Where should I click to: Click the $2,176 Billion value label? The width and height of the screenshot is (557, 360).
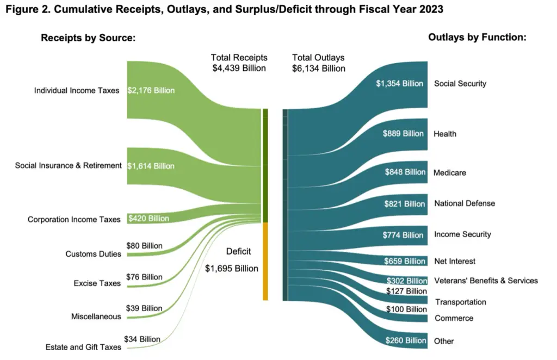click(x=151, y=90)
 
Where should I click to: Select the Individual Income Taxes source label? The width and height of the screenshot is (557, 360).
click(x=76, y=90)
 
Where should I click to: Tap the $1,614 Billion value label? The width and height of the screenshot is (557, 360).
click(x=151, y=165)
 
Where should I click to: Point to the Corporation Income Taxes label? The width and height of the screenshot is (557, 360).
click(x=74, y=220)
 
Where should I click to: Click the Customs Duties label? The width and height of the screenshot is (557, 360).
click(x=93, y=254)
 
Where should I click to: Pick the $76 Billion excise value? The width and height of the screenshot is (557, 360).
click(x=144, y=277)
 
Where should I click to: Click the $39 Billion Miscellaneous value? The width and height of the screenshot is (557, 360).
click(x=144, y=308)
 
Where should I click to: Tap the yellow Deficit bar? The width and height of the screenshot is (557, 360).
click(x=265, y=261)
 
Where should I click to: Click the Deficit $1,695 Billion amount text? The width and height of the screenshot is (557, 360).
click(x=232, y=268)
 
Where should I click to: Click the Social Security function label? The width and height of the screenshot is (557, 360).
click(x=460, y=84)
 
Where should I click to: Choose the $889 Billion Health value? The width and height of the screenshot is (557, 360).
click(x=403, y=133)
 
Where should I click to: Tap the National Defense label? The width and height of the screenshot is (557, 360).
click(x=465, y=203)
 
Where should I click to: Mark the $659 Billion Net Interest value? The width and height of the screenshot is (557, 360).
click(x=404, y=261)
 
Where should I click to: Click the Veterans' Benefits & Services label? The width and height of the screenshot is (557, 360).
click(x=486, y=281)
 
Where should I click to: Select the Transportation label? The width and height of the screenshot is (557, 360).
click(x=460, y=302)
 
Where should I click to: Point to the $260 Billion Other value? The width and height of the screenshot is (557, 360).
click(x=404, y=340)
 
